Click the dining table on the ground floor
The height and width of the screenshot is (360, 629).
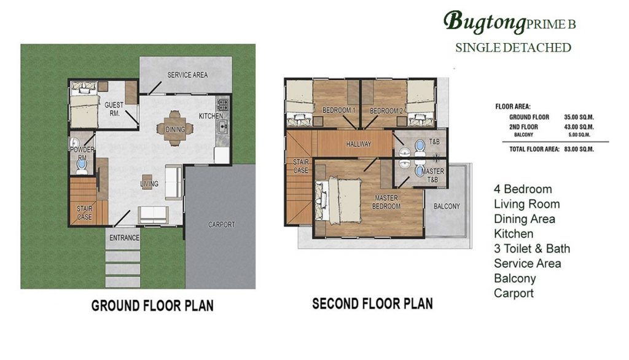click(x=175, y=128)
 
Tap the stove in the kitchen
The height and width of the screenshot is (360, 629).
click(x=222, y=105)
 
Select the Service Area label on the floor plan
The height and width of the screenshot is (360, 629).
click(x=187, y=75)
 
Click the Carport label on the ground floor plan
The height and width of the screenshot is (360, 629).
click(x=221, y=225)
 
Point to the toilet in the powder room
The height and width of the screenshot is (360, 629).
click(x=82, y=166)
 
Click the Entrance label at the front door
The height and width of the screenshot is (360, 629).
click(x=124, y=238)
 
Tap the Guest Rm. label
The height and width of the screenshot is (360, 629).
click(x=114, y=109)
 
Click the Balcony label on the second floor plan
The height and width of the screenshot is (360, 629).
click(x=447, y=206)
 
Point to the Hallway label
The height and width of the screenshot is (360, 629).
click(x=359, y=144)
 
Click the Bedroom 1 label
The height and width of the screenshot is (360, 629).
click(x=339, y=111)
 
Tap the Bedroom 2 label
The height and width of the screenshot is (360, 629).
click(x=386, y=111)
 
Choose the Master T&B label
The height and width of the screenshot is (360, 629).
click(x=432, y=175)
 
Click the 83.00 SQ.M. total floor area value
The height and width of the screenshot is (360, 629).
click(x=579, y=149)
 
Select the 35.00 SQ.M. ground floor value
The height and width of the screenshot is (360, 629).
click(x=579, y=117)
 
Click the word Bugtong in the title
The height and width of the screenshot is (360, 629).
click(x=484, y=22)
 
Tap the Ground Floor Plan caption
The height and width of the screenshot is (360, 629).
click(x=152, y=306)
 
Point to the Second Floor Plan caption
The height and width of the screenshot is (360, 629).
click(x=373, y=304)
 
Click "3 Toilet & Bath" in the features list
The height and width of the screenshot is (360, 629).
click(x=532, y=249)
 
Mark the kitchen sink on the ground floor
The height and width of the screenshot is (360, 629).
click(x=222, y=127)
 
